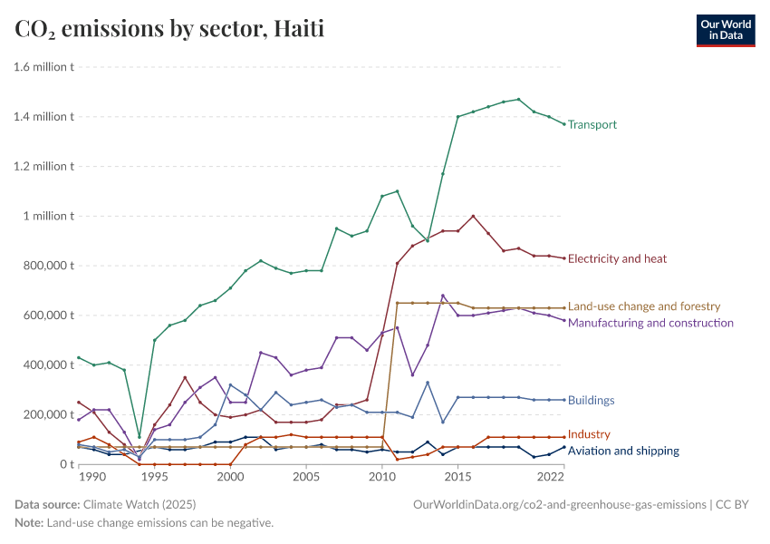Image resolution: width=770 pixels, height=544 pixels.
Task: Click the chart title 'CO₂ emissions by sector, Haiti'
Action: [x=169, y=29]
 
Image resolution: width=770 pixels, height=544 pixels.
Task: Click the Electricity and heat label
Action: [x=617, y=258]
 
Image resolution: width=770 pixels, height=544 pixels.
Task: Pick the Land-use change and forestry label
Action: [x=643, y=306]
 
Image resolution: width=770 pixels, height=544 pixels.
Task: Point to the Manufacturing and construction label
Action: [x=650, y=323]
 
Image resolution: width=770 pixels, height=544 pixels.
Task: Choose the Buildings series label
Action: [x=591, y=400]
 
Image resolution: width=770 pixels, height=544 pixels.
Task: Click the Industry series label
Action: [x=589, y=434]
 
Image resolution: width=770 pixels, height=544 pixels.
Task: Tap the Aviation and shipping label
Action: [x=622, y=451]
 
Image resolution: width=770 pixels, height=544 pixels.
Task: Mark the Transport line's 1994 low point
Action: [x=140, y=437]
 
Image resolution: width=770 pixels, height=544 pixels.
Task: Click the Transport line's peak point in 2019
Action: [x=518, y=100]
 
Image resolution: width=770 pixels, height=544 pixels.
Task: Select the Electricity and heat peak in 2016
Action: [x=473, y=216]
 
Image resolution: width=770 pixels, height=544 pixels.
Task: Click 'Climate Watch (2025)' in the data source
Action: [x=140, y=503]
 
